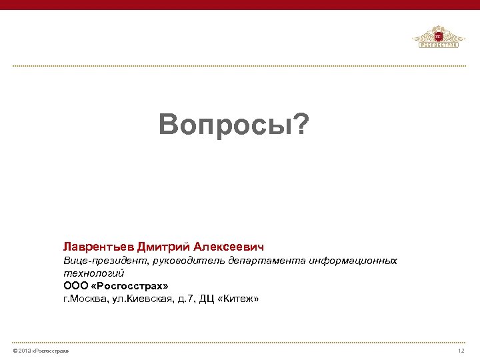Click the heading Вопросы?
pos(235,123)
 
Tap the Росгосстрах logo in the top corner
pos(437,38)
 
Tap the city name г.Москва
pos(83,299)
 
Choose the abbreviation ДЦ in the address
pos(207,299)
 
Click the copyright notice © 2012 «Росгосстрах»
pos(40,351)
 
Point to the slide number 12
pos(461,351)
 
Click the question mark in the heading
pos(303,123)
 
